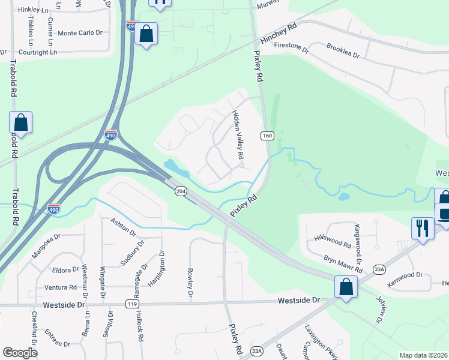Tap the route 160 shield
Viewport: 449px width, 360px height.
pyautogui.click(x=268, y=136)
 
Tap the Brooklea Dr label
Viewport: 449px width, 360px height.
pyautogui.click(x=342, y=50)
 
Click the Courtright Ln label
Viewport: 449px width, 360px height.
pyautogui.click(x=38, y=52)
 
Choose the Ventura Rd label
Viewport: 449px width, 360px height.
pyautogui.click(x=60, y=287)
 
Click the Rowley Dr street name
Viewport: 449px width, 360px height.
pyautogui.click(x=189, y=283)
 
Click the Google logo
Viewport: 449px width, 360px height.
pyautogui.click(x=20, y=352)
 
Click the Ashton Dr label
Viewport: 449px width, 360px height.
pyautogui.click(x=124, y=227)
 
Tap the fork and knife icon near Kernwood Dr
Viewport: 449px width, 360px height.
pyautogui.click(x=423, y=229)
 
